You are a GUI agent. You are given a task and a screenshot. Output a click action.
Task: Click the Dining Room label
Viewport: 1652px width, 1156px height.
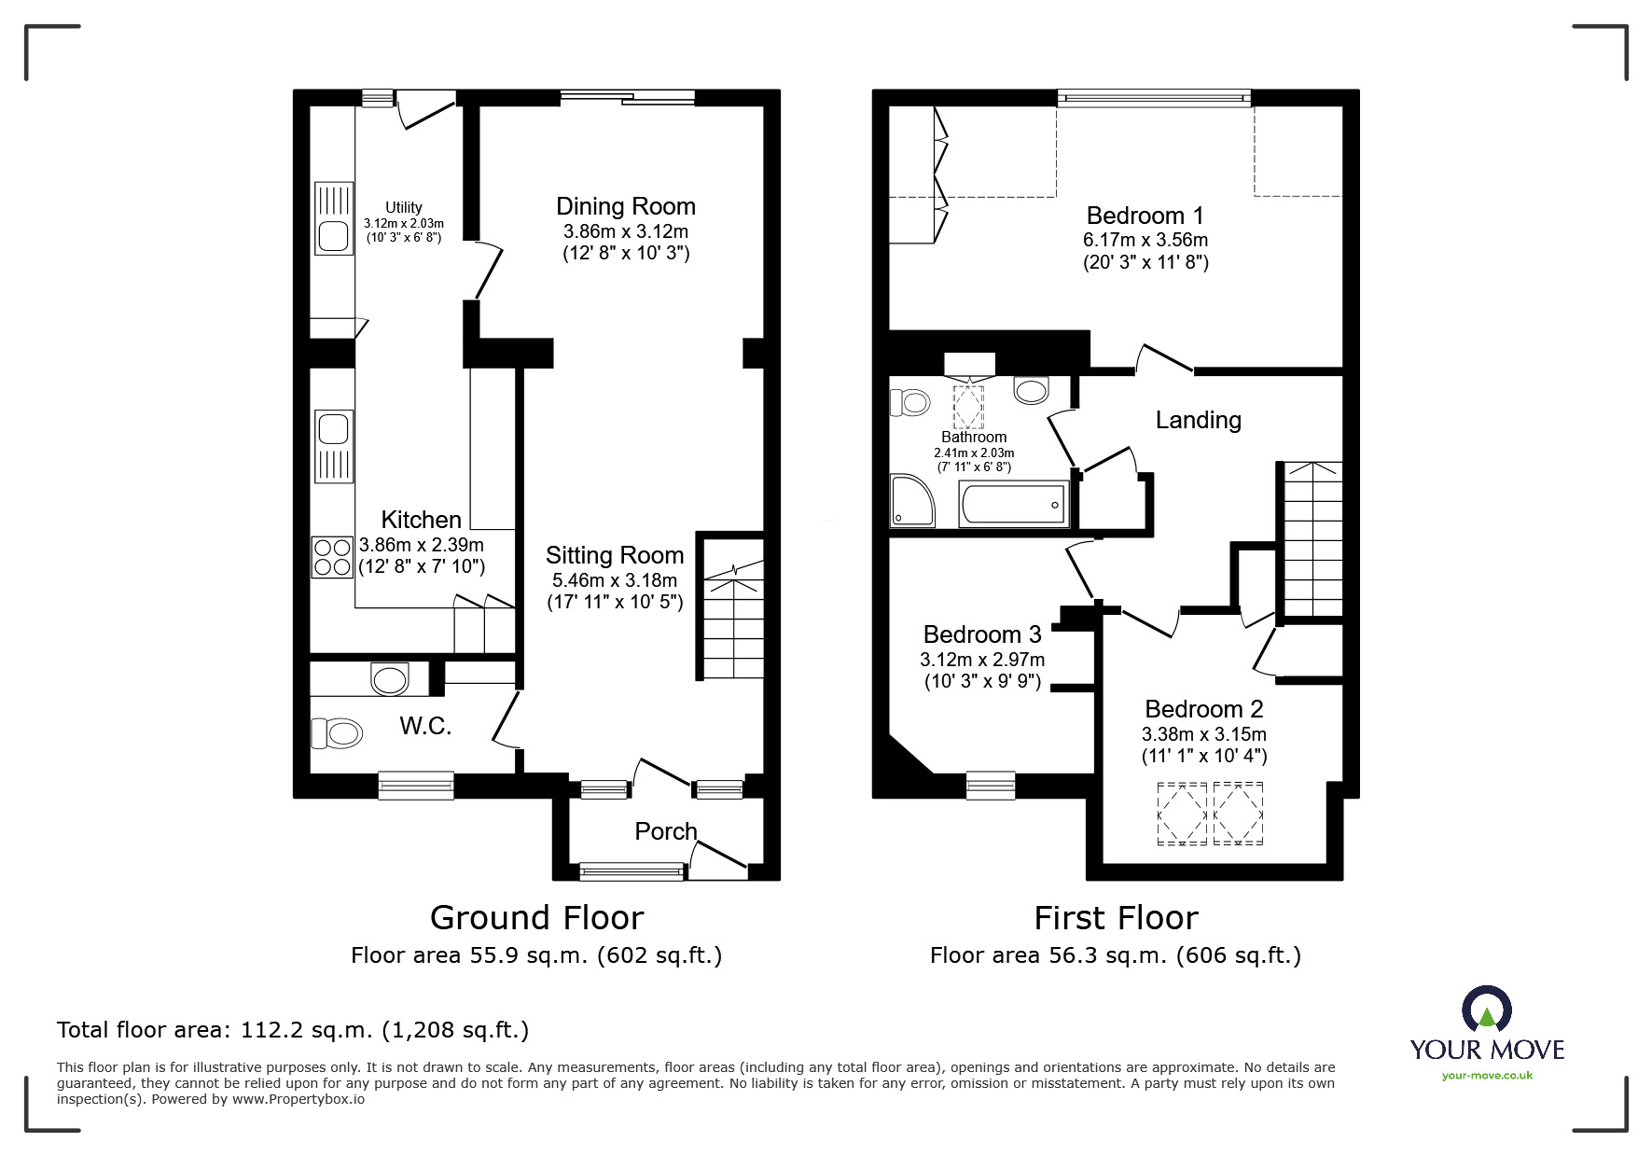tap(626, 206)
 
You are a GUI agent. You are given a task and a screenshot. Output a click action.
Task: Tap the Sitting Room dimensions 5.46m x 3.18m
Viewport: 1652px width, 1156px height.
tap(615, 579)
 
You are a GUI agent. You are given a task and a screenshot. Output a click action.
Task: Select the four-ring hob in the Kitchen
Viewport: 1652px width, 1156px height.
tap(333, 557)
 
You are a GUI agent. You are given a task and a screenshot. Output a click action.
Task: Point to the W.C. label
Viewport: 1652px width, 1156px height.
tap(425, 726)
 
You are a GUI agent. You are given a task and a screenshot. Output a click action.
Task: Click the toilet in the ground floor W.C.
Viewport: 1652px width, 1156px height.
tap(337, 733)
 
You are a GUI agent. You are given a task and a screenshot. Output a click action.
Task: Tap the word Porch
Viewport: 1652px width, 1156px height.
tap(665, 830)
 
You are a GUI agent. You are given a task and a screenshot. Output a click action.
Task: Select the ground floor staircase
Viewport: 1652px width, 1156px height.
tap(733, 620)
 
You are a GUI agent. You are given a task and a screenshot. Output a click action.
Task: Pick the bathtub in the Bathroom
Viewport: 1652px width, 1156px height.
tap(1013, 505)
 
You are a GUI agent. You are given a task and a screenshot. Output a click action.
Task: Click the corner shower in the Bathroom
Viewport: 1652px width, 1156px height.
tap(911, 501)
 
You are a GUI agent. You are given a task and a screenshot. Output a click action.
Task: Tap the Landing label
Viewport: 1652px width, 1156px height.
tap(1198, 420)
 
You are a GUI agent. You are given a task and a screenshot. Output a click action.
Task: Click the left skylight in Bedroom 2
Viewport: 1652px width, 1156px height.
tap(1182, 814)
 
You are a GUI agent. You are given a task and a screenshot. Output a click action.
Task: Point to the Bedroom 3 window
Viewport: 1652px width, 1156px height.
tap(990, 785)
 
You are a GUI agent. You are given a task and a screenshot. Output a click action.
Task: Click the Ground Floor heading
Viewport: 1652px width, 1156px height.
tap(536, 918)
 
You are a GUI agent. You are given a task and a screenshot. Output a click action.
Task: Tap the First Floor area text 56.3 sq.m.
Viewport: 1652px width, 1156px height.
tap(1115, 955)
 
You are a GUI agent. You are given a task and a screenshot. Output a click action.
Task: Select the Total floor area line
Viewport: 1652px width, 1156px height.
tap(293, 1030)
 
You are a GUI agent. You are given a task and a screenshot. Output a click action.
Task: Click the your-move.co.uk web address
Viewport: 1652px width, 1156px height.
tap(1487, 1076)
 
